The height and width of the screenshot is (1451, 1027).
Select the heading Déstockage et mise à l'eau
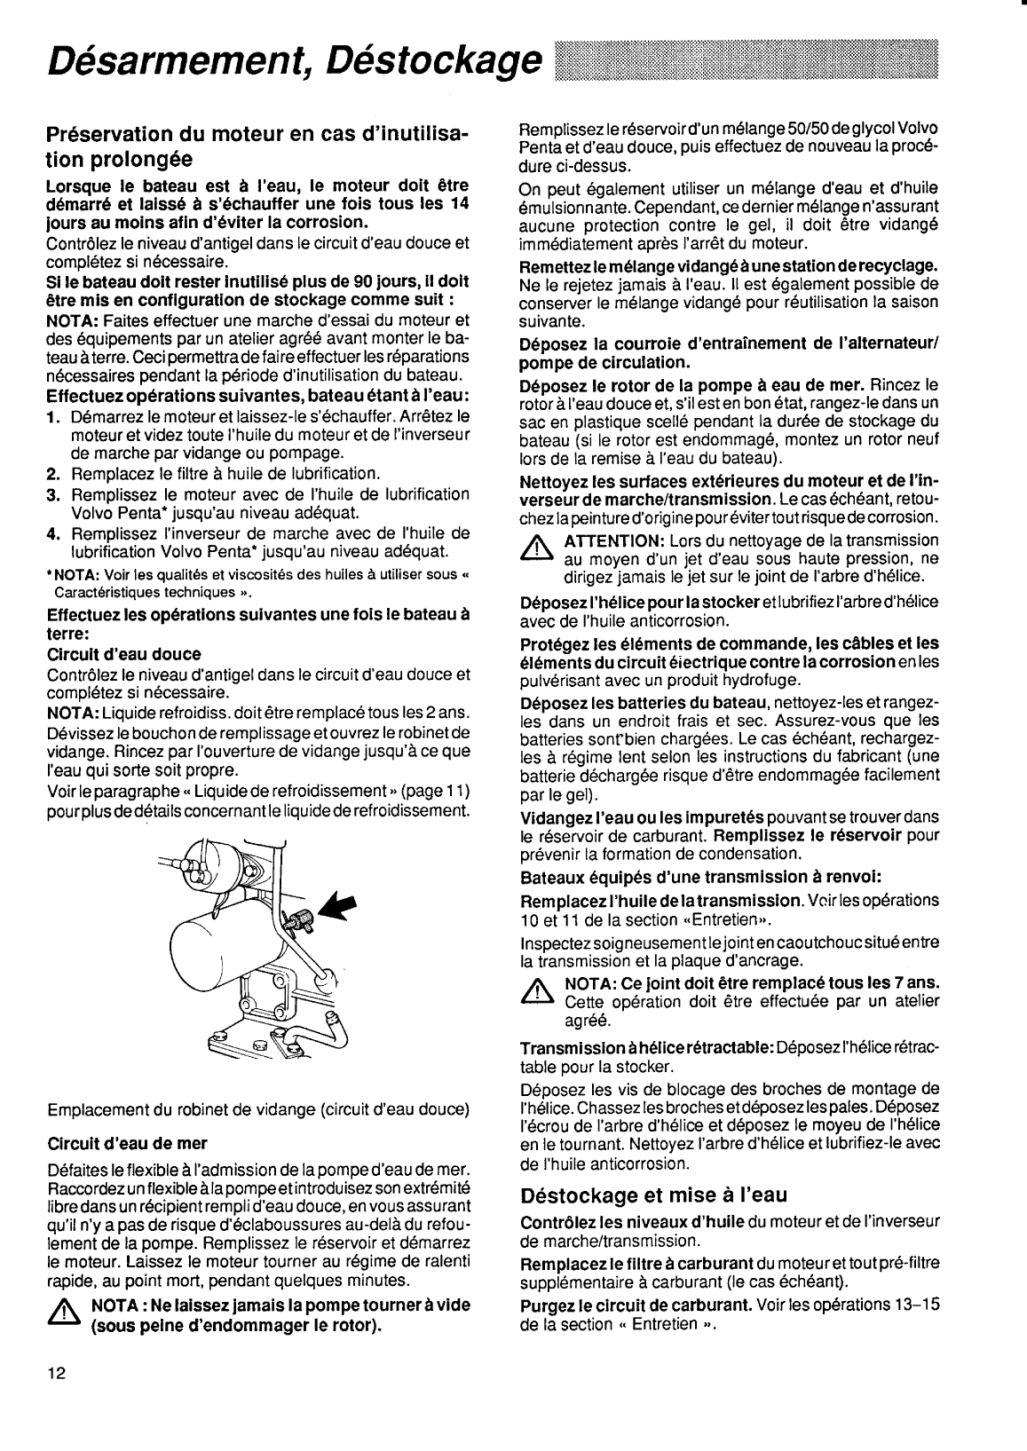(653, 1193)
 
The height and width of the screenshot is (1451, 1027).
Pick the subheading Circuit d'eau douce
(123, 654)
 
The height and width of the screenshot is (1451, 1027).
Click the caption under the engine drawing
(257, 1109)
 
